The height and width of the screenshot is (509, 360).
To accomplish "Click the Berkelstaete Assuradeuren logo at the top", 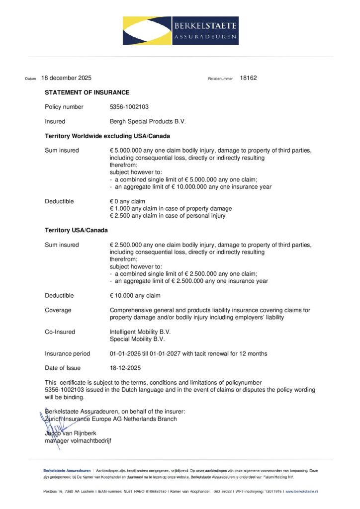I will (x=180, y=30).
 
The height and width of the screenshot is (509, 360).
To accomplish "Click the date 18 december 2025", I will (x=67, y=78).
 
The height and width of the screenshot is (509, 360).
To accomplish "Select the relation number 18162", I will (x=248, y=78).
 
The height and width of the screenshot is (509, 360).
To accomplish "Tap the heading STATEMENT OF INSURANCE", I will (x=87, y=92).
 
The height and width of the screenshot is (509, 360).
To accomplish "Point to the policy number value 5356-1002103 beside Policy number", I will (x=129, y=107).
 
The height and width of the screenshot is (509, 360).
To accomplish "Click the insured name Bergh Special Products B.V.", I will (x=148, y=121).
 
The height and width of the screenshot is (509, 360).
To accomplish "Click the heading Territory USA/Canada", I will (x=77, y=230).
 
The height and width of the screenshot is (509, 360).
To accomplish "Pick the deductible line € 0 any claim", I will (x=128, y=201).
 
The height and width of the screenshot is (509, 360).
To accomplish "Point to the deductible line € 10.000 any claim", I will (x=135, y=296).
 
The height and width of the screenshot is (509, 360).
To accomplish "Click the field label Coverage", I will (x=58, y=310).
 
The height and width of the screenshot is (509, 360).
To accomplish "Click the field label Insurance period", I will (x=68, y=354).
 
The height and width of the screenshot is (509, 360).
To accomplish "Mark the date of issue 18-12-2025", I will (x=125, y=368).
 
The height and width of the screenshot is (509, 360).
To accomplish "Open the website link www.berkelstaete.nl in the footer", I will (x=302, y=491).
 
